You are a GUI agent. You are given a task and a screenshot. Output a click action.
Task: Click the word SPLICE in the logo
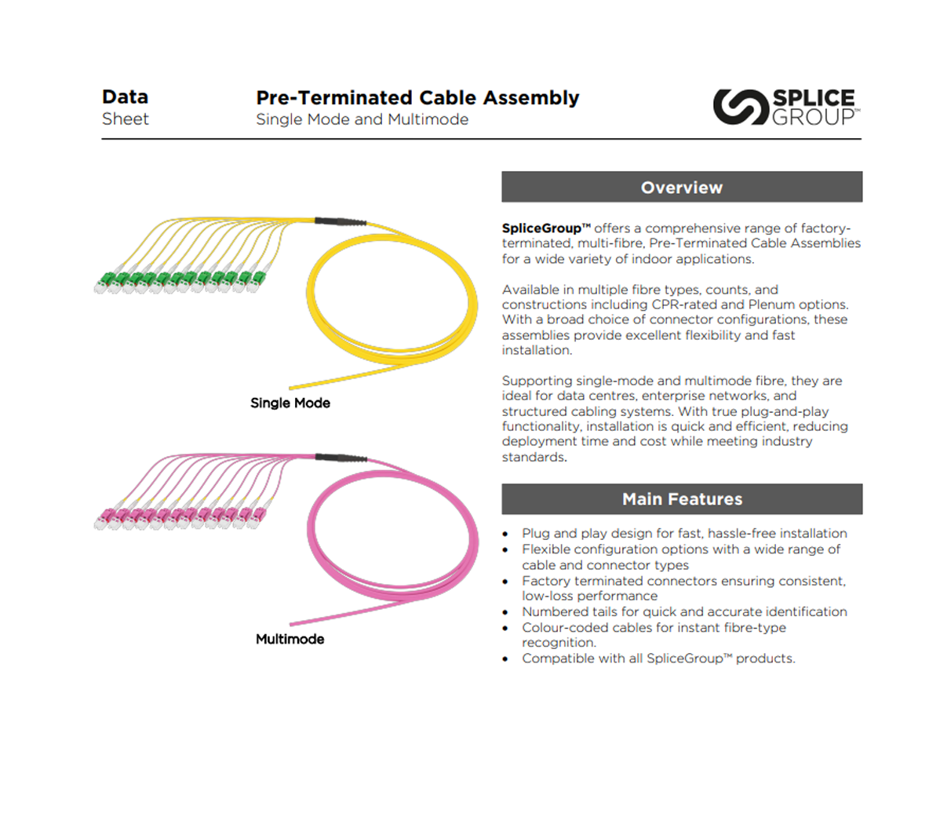pos(814,98)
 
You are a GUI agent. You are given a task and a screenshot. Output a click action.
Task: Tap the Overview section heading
pos(681,188)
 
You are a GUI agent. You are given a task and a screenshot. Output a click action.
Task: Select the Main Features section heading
pos(681,499)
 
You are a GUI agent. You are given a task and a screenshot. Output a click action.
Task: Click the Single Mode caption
pos(290,403)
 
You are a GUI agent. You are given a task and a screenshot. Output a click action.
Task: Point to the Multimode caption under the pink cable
pos(290,639)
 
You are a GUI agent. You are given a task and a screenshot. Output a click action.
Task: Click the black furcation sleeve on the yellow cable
pos(340,222)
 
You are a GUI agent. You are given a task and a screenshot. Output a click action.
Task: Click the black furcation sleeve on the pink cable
pos(340,458)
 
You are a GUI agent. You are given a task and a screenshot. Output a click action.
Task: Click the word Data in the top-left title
pos(125,97)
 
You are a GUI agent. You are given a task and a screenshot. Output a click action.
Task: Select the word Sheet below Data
pos(125,119)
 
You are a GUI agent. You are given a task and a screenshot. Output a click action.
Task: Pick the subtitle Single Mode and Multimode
pos(362,119)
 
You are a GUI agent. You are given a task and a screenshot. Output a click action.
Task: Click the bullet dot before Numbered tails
pos(506,612)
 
